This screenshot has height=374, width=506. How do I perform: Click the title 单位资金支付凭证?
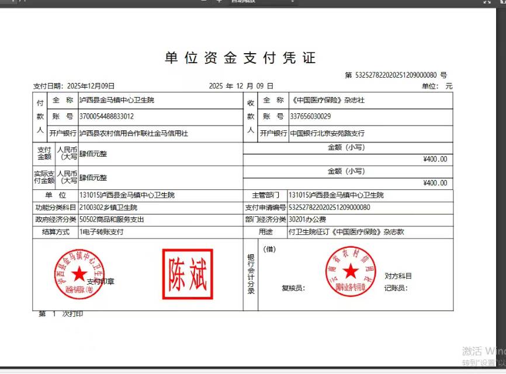point(240,58)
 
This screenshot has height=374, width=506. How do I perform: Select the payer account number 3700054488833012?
point(106,116)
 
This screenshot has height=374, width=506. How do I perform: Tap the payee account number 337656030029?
point(310,116)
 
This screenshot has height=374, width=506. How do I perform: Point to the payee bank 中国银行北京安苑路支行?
point(327,133)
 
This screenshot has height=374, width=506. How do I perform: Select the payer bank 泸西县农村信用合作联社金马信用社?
point(133,133)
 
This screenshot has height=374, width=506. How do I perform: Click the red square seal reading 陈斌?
point(188,274)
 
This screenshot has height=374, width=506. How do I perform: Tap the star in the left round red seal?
point(79,274)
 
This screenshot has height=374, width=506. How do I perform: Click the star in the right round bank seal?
point(350,271)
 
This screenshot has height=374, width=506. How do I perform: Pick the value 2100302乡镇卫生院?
point(108,207)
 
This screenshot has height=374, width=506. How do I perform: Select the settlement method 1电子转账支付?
point(102,232)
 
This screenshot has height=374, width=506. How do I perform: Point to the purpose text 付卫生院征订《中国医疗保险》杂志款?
point(346,232)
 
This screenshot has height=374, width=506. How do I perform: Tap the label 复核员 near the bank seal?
point(293,288)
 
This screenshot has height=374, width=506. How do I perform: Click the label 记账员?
point(396,288)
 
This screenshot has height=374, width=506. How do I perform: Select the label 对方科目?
point(398,276)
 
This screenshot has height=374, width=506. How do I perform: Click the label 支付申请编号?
point(265,207)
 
